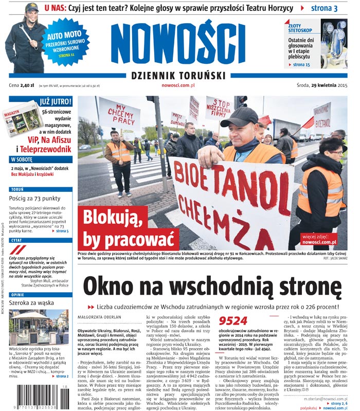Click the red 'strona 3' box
[x=324, y=8]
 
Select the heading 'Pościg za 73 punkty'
[x=39, y=198]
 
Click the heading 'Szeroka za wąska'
[x=32, y=303]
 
